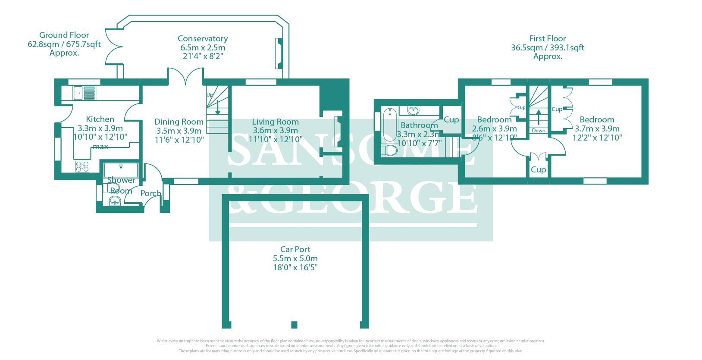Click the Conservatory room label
tap(203, 39)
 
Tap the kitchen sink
tap(79, 92)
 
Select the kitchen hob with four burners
tap(82, 166)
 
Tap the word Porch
tap(150, 193)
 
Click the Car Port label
tap(295, 249)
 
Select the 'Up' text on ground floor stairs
tap(210, 95)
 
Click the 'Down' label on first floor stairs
tap(539, 130)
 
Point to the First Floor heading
tap(548, 38)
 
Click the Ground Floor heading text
tap(64, 35)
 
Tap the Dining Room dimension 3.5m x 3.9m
tap(178, 131)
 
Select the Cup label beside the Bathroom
tap(451, 119)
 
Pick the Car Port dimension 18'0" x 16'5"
tap(295, 267)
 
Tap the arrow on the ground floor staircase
tap(218, 108)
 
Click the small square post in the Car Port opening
tap(294, 324)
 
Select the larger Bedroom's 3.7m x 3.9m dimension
tap(597, 128)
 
